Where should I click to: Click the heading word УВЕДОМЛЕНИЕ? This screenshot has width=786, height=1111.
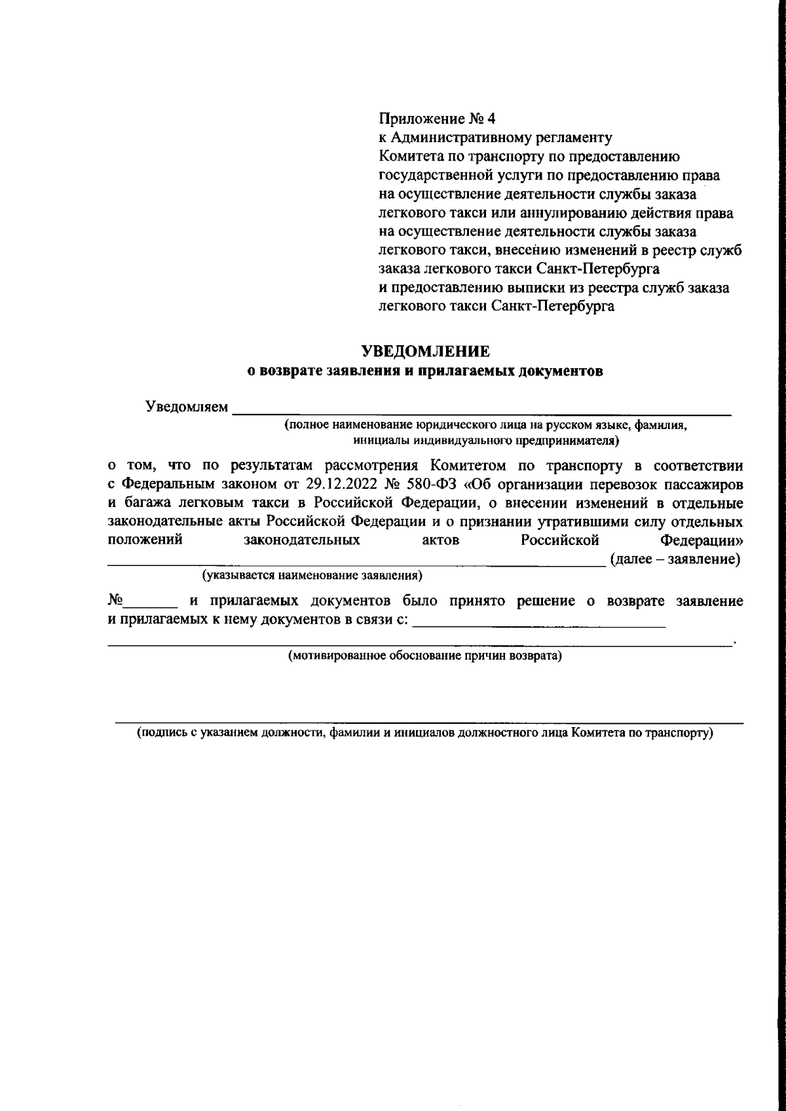[426, 351]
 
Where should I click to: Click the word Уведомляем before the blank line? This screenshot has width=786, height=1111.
[187, 407]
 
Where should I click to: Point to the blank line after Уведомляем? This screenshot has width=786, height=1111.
[482, 413]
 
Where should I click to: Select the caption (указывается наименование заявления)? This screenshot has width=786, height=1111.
[312, 576]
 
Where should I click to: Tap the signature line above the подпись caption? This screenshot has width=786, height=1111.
[429, 723]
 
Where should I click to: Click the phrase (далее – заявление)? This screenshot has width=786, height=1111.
[675, 559]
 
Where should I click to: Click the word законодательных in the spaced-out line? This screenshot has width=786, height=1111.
[301, 541]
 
